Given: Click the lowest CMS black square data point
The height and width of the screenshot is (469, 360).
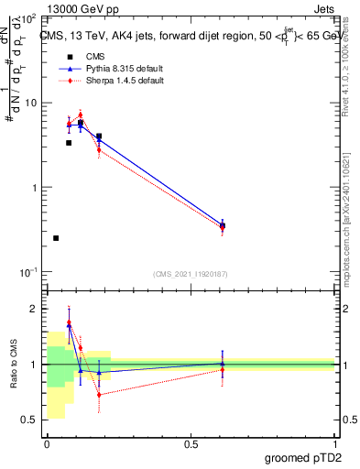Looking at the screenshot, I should (x=56, y=238).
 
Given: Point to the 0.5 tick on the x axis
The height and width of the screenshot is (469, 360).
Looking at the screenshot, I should (x=191, y=443).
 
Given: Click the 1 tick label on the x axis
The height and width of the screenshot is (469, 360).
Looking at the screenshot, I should (x=334, y=443).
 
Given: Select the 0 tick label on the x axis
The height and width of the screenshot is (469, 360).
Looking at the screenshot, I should (x=47, y=443).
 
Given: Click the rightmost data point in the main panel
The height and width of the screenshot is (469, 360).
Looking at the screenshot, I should (x=223, y=225).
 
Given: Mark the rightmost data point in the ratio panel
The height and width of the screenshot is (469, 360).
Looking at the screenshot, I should (x=223, y=365).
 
